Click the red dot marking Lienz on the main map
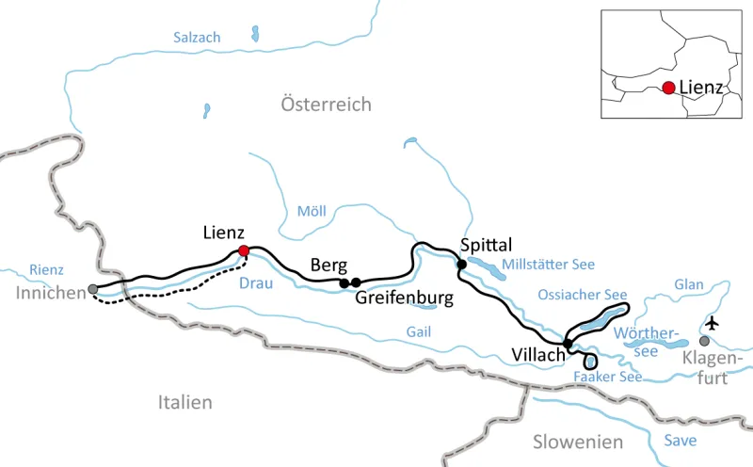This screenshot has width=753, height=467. (244, 250)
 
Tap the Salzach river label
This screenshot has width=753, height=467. (197, 38)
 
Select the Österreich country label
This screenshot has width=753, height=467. (326, 105)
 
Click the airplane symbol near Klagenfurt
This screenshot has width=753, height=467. (712, 322)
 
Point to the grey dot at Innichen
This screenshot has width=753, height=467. (92, 289)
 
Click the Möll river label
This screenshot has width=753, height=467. (311, 211)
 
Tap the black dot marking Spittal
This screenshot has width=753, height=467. (461, 264)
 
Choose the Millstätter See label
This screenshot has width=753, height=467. (548, 264)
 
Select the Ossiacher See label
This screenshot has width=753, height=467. (582, 295)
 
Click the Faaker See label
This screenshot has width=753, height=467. (607, 377)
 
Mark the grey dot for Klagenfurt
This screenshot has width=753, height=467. (704, 341)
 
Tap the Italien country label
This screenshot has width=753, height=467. (184, 402)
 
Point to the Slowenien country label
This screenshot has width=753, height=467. (577, 442)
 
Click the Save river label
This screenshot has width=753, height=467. (680, 441)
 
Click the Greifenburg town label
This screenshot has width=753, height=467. (405, 299)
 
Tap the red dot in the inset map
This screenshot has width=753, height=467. (667, 88)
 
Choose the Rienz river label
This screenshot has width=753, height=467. (46, 269)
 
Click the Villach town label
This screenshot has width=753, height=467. (537, 355)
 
